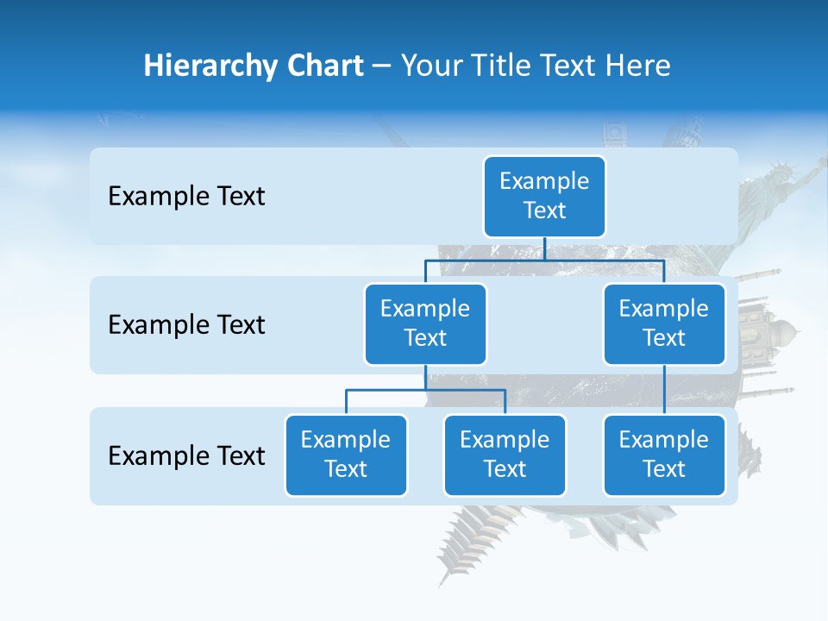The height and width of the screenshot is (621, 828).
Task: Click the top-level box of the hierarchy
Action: [544, 197]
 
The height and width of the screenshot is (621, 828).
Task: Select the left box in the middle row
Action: [425, 324]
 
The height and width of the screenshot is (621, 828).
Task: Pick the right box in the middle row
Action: [664, 324]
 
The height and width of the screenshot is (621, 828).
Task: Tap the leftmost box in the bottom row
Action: [346, 455]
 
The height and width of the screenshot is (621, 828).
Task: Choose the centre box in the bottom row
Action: [505, 455]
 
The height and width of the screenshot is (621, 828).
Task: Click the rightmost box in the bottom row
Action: [664, 455]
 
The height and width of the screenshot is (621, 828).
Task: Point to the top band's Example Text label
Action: [186, 197]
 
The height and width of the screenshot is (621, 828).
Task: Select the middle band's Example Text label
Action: [186, 325]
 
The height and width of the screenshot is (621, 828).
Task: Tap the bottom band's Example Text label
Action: [186, 455]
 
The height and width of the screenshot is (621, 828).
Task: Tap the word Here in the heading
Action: [638, 66]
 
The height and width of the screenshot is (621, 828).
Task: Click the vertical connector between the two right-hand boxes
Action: [664, 390]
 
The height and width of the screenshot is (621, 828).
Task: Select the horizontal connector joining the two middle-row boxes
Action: [544, 260]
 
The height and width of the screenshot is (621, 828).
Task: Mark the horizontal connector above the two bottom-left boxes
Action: [425, 390]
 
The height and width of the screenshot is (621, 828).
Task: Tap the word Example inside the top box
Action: [544, 181]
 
